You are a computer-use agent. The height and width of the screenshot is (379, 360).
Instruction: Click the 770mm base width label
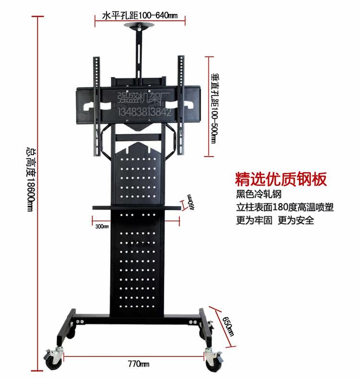(139, 364)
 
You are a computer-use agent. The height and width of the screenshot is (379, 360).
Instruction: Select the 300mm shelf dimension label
(102, 226)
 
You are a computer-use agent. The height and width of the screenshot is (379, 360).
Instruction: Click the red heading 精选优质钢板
(281, 179)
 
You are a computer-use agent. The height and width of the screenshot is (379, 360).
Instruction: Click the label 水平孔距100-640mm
(140, 16)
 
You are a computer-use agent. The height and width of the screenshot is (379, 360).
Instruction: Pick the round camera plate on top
(140, 27)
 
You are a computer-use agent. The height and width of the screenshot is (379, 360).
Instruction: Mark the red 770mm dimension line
(96, 356)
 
